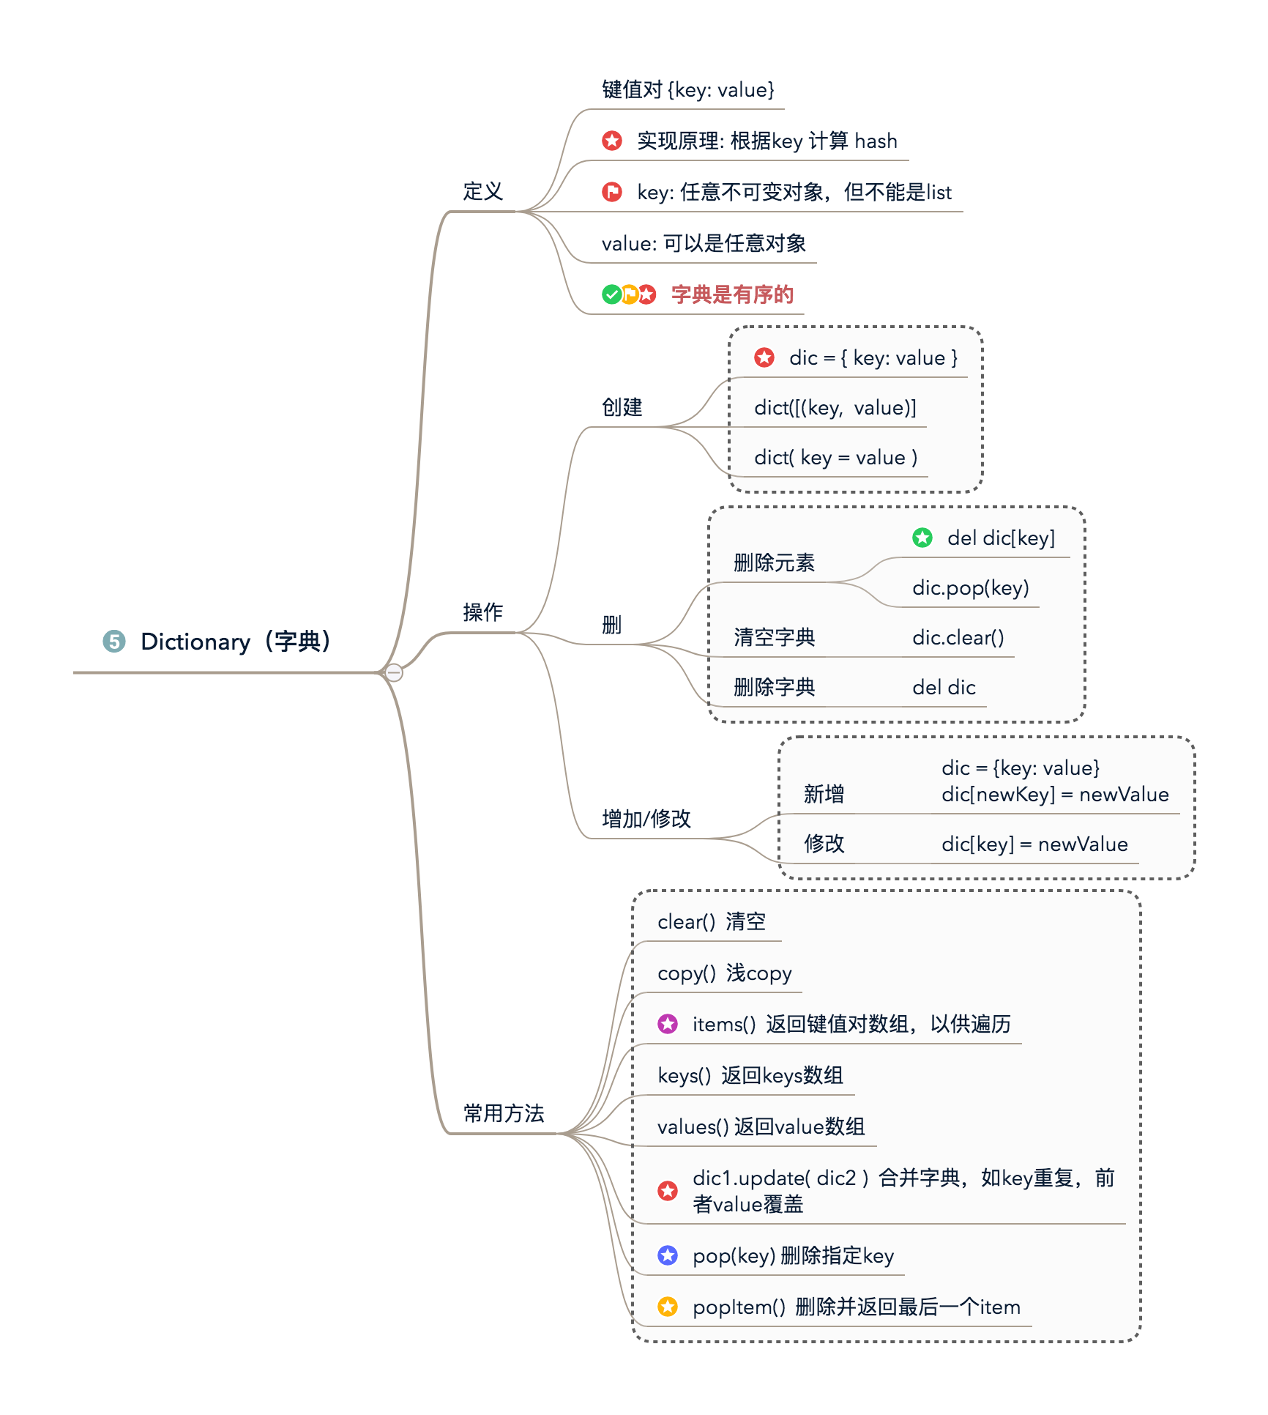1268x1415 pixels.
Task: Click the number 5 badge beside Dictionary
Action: coord(114,641)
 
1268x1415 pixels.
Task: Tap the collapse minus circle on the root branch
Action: coord(394,672)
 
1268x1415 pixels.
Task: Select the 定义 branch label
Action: coord(482,192)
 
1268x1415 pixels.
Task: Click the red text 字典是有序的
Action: coord(732,294)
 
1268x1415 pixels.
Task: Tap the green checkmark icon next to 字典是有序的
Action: coord(611,294)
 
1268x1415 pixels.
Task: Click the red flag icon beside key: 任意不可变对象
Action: coord(612,192)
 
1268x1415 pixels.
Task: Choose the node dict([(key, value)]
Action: coord(835,408)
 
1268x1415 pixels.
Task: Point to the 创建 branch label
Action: coord(622,407)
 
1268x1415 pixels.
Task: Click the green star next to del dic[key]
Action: coord(922,538)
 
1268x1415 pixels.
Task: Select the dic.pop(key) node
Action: coord(970,588)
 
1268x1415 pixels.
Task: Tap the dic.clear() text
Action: coord(958,638)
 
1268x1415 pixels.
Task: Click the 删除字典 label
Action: coord(774,688)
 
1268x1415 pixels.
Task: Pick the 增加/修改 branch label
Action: coord(646,819)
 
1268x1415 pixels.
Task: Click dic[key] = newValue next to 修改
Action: coord(1034,844)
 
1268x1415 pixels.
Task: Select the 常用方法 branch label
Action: coord(504,1114)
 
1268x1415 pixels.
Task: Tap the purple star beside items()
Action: coord(668,1024)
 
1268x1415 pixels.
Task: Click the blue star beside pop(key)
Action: coord(668,1255)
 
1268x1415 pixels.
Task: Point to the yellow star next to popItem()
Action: coord(668,1307)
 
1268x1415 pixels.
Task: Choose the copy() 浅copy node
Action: coord(724,973)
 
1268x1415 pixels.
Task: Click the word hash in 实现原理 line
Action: coord(876,141)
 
